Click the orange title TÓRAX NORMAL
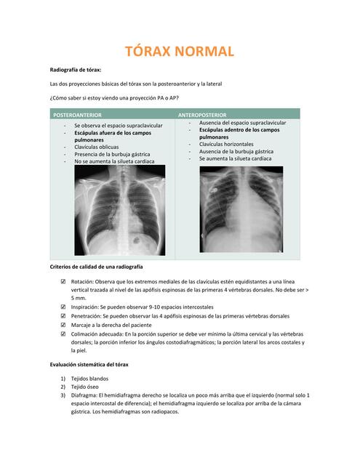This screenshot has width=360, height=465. coord(180,52)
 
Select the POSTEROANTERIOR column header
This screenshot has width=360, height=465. coord(76,115)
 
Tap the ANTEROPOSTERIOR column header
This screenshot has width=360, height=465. coord(202,115)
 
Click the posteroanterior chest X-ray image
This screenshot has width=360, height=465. coord(120,210)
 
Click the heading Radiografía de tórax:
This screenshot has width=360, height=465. coord(75,70)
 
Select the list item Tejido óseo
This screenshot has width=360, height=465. coord(86,387)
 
